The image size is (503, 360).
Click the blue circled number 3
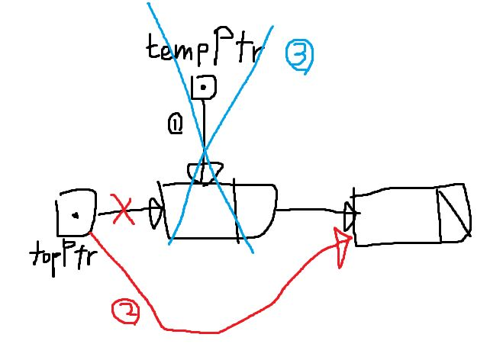click(x=298, y=57)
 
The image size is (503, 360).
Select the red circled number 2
click(x=125, y=311)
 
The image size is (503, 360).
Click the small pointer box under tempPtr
click(x=205, y=88)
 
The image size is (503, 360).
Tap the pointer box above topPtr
click(x=76, y=213)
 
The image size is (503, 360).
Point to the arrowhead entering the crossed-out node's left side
click(x=155, y=213)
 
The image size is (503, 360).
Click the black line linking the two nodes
click(x=309, y=208)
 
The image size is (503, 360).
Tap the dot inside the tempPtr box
click(x=205, y=87)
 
